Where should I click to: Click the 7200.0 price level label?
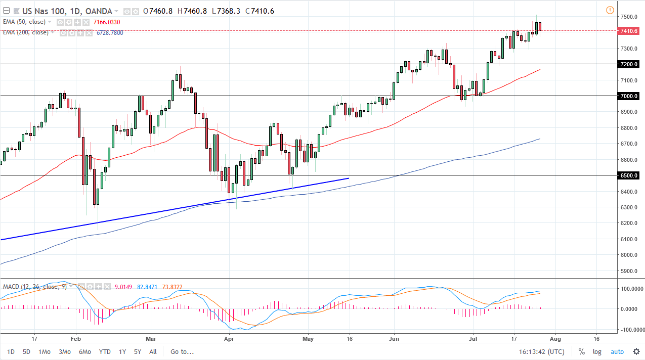(x=629, y=65)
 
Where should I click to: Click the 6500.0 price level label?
(x=629, y=175)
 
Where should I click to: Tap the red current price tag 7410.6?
(x=629, y=31)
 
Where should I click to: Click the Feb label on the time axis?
(x=75, y=338)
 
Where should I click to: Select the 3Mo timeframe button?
(x=64, y=351)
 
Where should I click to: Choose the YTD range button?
(x=105, y=351)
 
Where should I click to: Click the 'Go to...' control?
(x=182, y=351)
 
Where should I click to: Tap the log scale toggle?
(x=597, y=351)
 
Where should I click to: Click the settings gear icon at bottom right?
(x=636, y=351)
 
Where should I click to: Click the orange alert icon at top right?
(x=610, y=10)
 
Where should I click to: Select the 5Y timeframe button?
(x=138, y=351)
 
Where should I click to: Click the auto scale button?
(x=617, y=351)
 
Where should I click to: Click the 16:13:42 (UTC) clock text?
(x=541, y=351)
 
